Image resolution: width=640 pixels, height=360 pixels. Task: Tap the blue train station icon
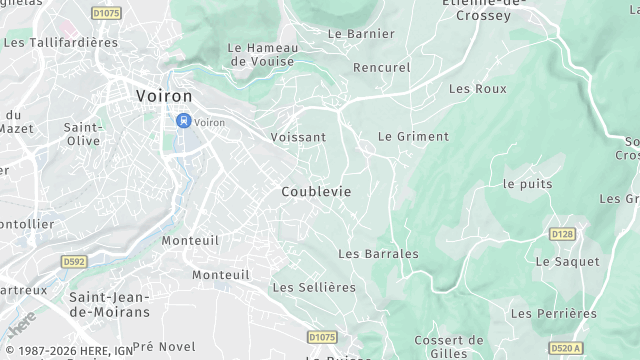coord(182,121)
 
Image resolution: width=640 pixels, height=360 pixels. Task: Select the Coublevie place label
coord(316,191)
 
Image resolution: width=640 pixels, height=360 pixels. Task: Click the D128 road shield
coord(563,234)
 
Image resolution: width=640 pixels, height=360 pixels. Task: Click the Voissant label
coord(298,137)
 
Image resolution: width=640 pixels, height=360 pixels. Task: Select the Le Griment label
coord(413,136)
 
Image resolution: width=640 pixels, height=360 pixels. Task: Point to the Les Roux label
coord(477,89)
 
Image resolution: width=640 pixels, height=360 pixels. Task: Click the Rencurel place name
coord(381,68)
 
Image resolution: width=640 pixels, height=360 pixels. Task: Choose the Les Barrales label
coord(378,254)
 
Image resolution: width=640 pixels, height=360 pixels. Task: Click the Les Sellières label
coord(314,287)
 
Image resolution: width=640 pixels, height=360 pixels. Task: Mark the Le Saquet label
coord(567,261)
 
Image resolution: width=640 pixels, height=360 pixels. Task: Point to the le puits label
coord(527,184)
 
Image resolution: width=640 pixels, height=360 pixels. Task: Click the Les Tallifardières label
coord(61,43)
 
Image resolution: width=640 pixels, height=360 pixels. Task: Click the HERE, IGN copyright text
coord(67,351)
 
